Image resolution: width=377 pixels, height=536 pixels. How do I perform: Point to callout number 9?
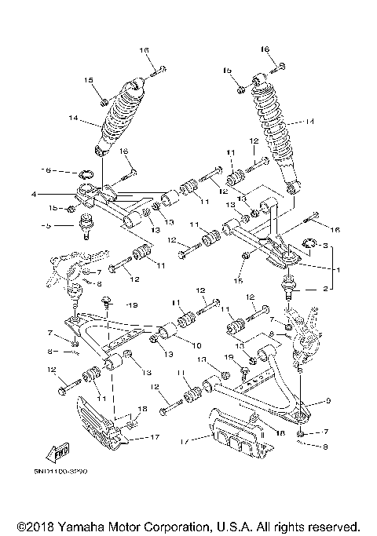pyautogui.click(x=328, y=400)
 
